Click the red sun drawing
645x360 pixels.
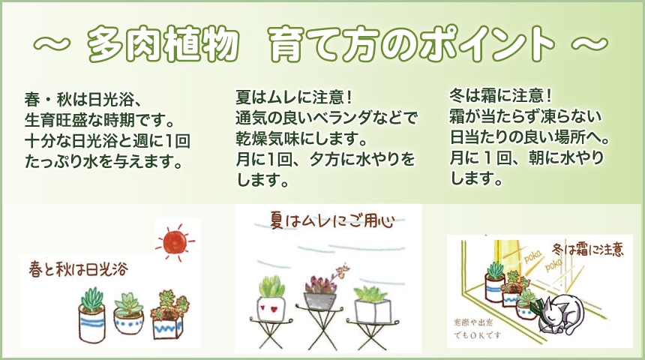pyautogui.click(x=175, y=241)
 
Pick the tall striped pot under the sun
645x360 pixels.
pyautogui.click(x=92, y=320)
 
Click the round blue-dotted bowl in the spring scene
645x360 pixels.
pyautogui.click(x=129, y=321)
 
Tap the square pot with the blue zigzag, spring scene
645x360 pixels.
pyautogui.click(x=168, y=324)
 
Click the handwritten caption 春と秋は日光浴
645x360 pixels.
pyautogui.click(x=75, y=268)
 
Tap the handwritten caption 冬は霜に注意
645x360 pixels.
pyautogui.click(x=587, y=249)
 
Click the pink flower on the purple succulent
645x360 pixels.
pyautogui.click(x=344, y=268)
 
